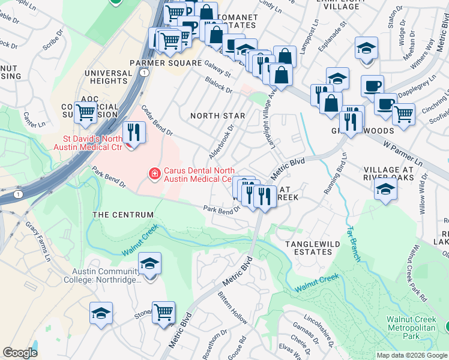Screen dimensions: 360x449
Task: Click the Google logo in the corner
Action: pyautogui.click(x=20, y=353)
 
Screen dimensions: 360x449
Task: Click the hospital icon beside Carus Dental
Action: pyautogui.click(x=154, y=174)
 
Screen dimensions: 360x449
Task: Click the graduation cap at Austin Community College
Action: pyautogui.click(x=149, y=263)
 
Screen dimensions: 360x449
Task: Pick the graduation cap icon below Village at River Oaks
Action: pyautogui.click(x=385, y=191)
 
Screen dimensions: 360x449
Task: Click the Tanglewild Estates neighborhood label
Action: pyautogui.click(x=308, y=248)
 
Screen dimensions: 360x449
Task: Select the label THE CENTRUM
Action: pyautogui.click(x=122, y=215)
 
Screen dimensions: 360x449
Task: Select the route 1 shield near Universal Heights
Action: pyautogui.click(x=145, y=71)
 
